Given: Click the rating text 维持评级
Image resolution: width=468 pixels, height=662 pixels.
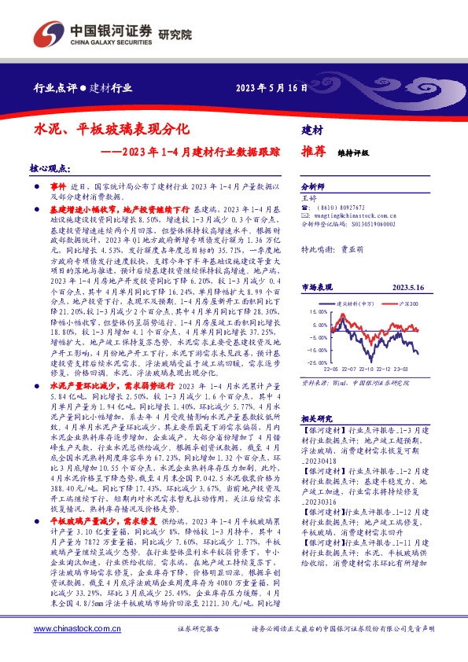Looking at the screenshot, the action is [352, 153].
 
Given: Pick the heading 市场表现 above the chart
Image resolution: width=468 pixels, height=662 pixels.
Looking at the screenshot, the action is [318, 288].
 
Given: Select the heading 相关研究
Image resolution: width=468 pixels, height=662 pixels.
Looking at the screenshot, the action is [318, 418].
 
